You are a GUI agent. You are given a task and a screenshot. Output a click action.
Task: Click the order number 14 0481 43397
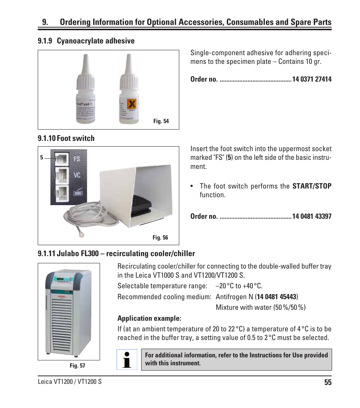pyautogui.click(x=312, y=216)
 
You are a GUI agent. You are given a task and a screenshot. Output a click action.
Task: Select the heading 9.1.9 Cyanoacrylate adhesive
pyautogui.click(x=86, y=41)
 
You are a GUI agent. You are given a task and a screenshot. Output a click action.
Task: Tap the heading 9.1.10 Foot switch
pyautogui.click(x=66, y=138)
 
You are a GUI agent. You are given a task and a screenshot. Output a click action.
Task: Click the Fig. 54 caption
pyautogui.click(x=161, y=121)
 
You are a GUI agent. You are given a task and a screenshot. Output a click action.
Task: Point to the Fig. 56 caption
pyautogui.click(x=160, y=238)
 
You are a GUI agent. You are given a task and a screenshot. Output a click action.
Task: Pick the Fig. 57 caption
pyautogui.click(x=77, y=366)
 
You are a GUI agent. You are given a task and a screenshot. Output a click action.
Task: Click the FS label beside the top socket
pyautogui.click(x=77, y=159)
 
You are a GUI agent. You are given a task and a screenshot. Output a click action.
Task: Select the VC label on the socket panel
pyautogui.click(x=77, y=175)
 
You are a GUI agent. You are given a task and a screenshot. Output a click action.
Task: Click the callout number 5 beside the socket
pyautogui.click(x=42, y=158)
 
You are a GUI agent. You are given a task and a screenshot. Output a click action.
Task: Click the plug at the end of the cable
pyautogui.click(x=80, y=234)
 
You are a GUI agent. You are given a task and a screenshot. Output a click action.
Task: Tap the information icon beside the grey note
pyautogui.click(x=127, y=359)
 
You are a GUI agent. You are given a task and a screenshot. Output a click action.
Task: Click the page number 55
pyautogui.click(x=327, y=382)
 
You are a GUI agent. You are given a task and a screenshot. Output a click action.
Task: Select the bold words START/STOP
pyautogui.click(x=312, y=186)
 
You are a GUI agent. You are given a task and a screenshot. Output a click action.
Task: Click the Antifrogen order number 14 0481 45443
pyautogui.click(x=277, y=297)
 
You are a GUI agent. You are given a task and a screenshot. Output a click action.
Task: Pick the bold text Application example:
pyautogui.click(x=144, y=318)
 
